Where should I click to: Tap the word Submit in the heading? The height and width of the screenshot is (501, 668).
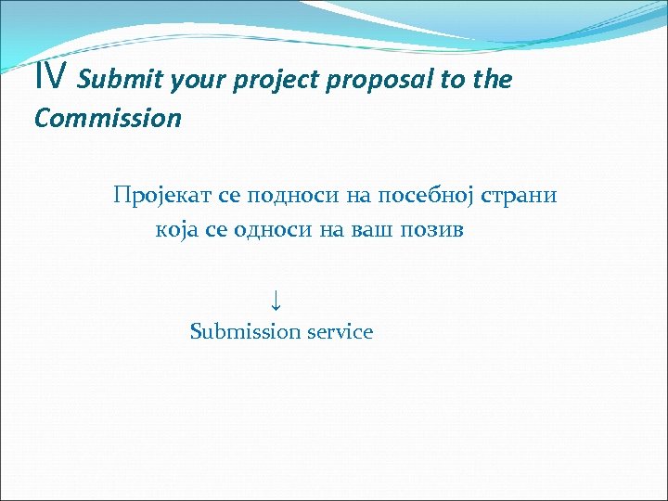click(x=117, y=81)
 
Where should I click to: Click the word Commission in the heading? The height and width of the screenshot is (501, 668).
click(x=108, y=119)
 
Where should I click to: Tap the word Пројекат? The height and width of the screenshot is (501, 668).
click(x=163, y=196)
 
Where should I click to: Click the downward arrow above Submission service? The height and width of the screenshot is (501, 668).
click(x=276, y=299)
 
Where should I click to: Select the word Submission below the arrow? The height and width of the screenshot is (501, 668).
click(x=245, y=331)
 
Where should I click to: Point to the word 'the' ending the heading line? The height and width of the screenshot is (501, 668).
click(x=493, y=80)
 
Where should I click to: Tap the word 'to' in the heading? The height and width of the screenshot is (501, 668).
click(x=453, y=81)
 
